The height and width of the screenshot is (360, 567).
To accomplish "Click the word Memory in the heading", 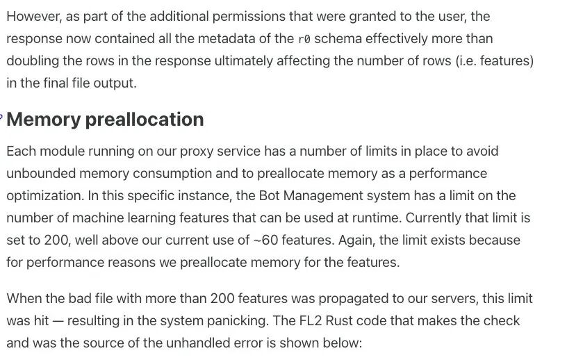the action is [x=44, y=120].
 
